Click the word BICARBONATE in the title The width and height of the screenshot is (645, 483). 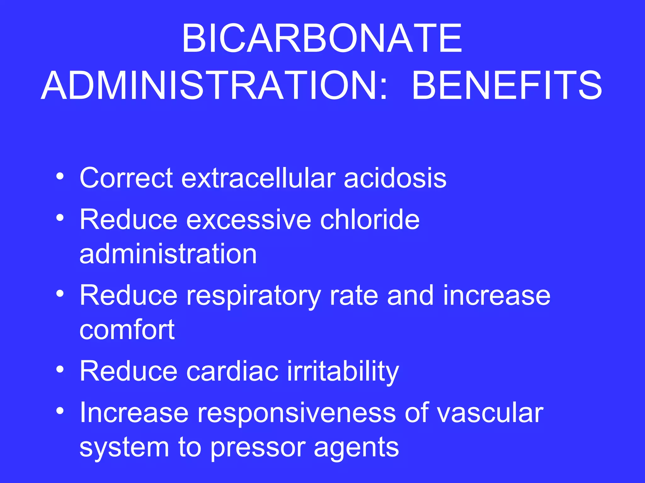pyautogui.click(x=322, y=39)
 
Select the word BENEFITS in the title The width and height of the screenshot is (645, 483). pyautogui.click(x=507, y=86)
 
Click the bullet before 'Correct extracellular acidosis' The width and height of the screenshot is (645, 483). pyautogui.click(x=60, y=176)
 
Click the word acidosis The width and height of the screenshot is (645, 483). pyautogui.click(x=395, y=178)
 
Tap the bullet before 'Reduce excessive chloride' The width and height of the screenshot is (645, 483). pyautogui.click(x=60, y=218)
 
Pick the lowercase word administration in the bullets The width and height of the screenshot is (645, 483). pyautogui.click(x=168, y=254)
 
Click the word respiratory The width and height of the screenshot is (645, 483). pyautogui.click(x=254, y=296)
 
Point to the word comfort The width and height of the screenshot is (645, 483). pyautogui.click(x=127, y=330)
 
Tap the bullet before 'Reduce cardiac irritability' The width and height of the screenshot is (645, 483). pyautogui.click(x=60, y=369)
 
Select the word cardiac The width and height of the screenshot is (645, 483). pyautogui.click(x=232, y=371)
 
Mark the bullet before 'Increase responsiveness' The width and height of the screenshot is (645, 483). pyautogui.click(x=60, y=411)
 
